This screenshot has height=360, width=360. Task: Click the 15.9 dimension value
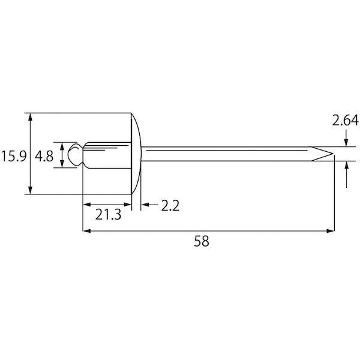[x=14, y=156]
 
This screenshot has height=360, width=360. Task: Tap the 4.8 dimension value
[x=44, y=156]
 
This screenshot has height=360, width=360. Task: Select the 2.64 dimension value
[x=345, y=121]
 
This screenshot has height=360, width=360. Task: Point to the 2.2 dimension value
[x=170, y=205]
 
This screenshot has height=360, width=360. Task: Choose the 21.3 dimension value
[x=108, y=215]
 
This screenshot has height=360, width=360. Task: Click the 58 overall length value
[x=202, y=241]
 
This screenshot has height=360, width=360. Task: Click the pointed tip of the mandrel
[x=332, y=154]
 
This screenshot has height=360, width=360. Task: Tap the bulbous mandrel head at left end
[x=75, y=154]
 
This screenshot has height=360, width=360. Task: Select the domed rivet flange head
[x=136, y=154]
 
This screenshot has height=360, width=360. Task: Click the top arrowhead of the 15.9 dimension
[x=30, y=117]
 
